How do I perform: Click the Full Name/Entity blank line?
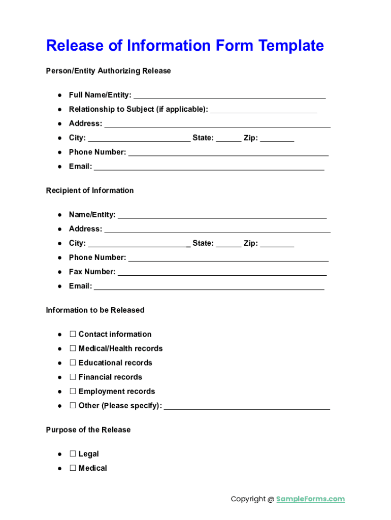tap(230, 96)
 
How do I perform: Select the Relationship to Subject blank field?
tap(264, 110)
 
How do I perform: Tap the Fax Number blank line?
tap(222, 273)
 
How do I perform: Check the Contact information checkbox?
tap(73, 334)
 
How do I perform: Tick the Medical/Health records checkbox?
tap(73, 348)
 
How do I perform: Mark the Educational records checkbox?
tap(73, 363)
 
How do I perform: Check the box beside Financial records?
tap(73, 377)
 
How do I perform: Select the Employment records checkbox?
tap(73, 391)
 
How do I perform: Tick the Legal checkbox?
tap(73, 454)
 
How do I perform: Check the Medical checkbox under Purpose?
tap(73, 468)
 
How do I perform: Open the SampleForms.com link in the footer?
tap(310, 499)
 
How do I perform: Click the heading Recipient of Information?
tap(90, 190)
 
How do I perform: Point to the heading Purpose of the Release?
tap(88, 430)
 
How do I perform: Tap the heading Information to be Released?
tap(95, 310)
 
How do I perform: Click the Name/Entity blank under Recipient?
tap(222, 216)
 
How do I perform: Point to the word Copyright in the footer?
tap(248, 499)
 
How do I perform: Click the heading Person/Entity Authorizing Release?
tap(108, 71)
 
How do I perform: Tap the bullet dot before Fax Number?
tap(60, 272)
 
